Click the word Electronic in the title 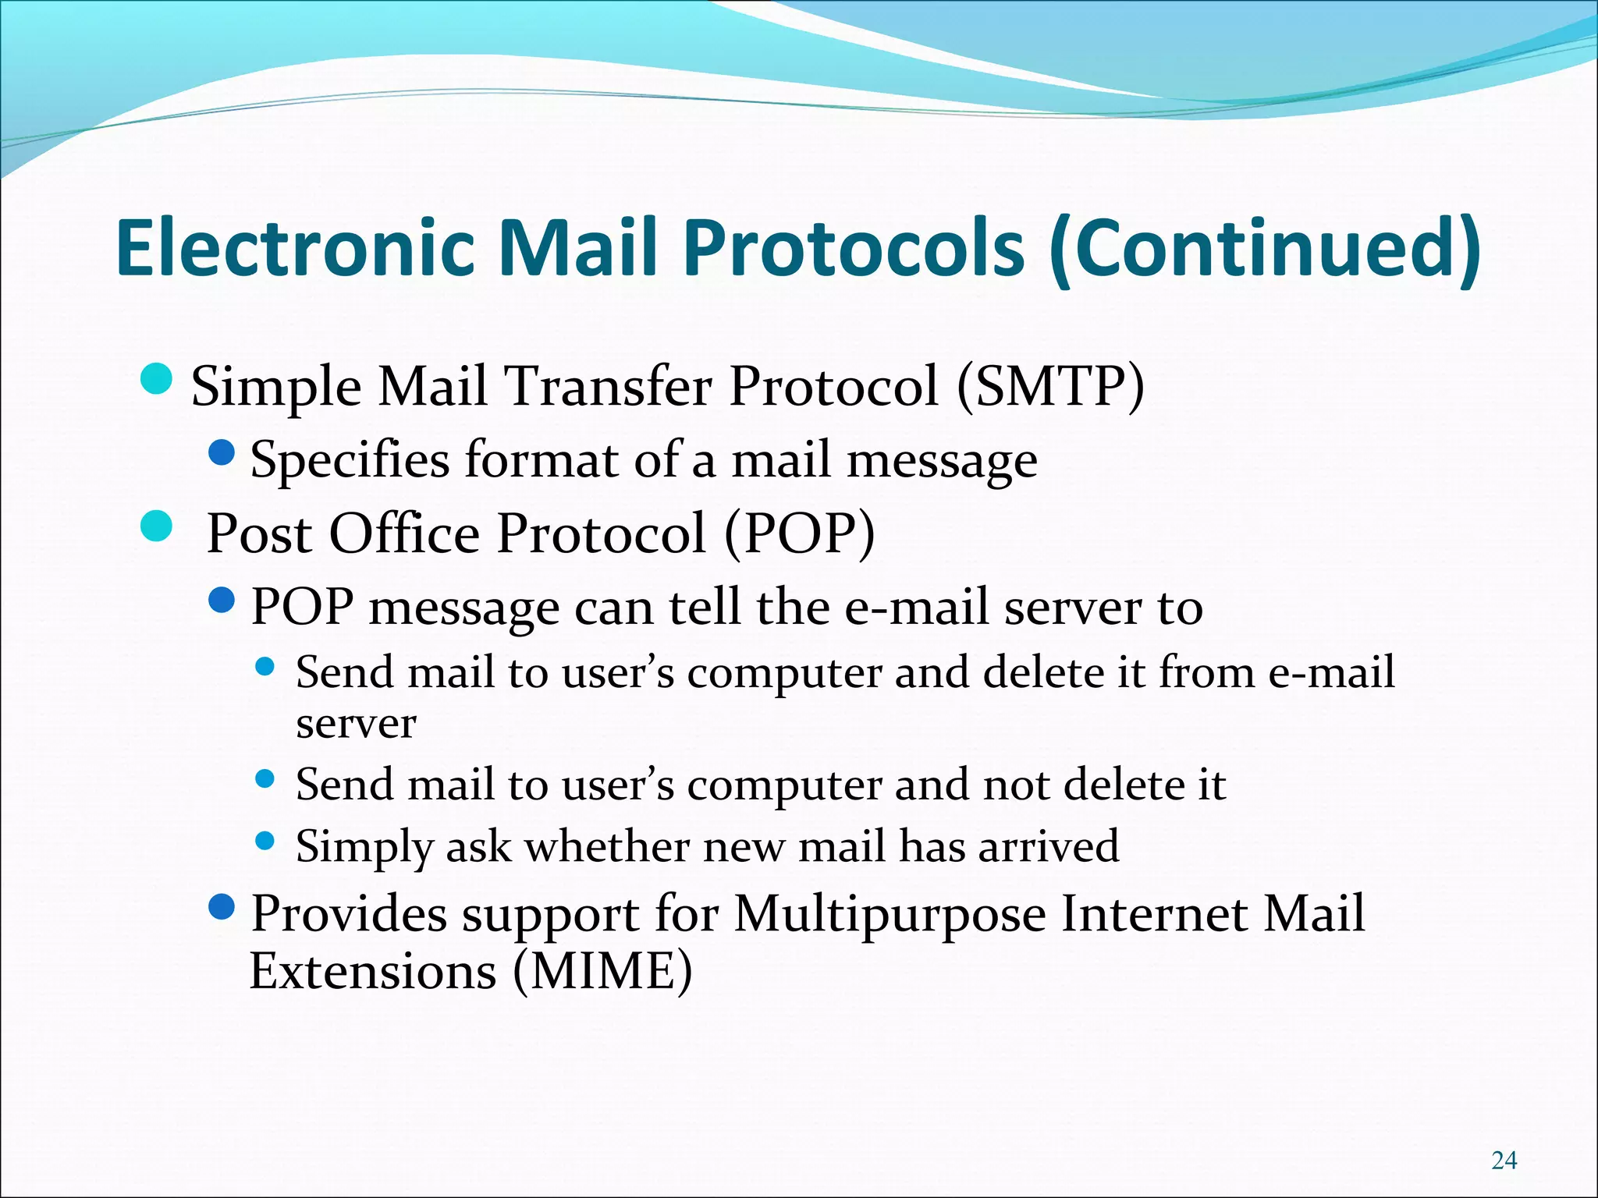click(295, 248)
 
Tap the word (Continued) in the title click(1264, 248)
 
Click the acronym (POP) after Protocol click(799, 533)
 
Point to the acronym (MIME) click(602, 972)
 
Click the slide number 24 click(1504, 1161)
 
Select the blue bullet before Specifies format click(222, 452)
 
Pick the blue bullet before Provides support click(222, 907)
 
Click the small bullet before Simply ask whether click(265, 841)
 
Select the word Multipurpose click(890, 914)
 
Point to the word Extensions click(373, 972)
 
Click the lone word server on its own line click(356, 724)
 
